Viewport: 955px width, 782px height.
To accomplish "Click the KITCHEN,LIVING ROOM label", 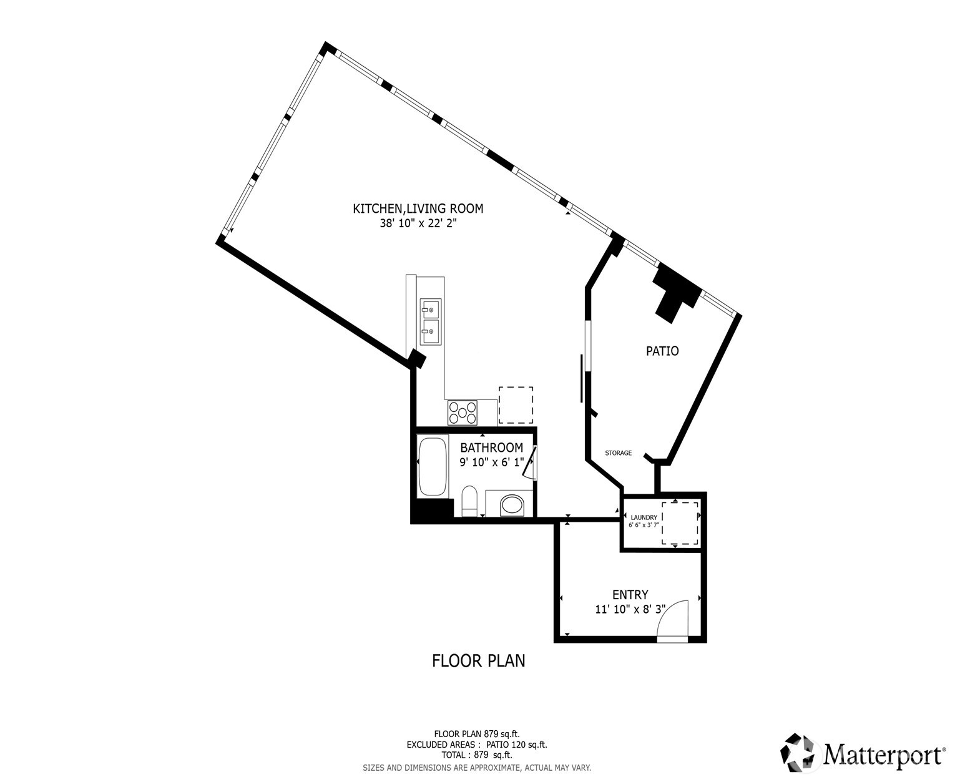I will pyautogui.click(x=418, y=208).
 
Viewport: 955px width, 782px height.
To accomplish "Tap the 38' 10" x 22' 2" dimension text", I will pyautogui.click(x=418, y=223).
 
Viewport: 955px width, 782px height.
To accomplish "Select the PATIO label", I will pyautogui.click(x=662, y=351).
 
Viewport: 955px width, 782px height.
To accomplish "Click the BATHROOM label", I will pyautogui.click(x=491, y=447).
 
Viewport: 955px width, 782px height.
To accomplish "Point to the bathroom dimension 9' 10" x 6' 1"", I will pyautogui.click(x=491, y=462).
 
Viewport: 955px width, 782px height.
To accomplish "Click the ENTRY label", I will pyautogui.click(x=630, y=595).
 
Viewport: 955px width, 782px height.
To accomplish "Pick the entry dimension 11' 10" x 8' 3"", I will pyautogui.click(x=630, y=610).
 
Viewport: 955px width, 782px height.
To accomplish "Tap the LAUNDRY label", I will pyautogui.click(x=644, y=517).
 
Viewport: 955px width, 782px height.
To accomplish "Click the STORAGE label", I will pyautogui.click(x=618, y=453).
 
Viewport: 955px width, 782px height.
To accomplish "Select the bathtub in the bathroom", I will pyautogui.click(x=433, y=466).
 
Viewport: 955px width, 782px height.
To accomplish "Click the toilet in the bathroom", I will pyautogui.click(x=469, y=502).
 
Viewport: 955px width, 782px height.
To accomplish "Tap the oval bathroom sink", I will pyautogui.click(x=513, y=505).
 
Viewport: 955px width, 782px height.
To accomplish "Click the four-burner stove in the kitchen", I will pyautogui.click(x=462, y=413).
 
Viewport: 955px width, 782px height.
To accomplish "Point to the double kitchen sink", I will pyautogui.click(x=431, y=321).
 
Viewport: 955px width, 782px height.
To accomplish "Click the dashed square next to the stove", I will pyautogui.click(x=516, y=405).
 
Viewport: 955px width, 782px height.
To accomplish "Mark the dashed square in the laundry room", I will pyautogui.click(x=680, y=523).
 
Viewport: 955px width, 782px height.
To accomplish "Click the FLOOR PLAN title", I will pyautogui.click(x=478, y=660).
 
